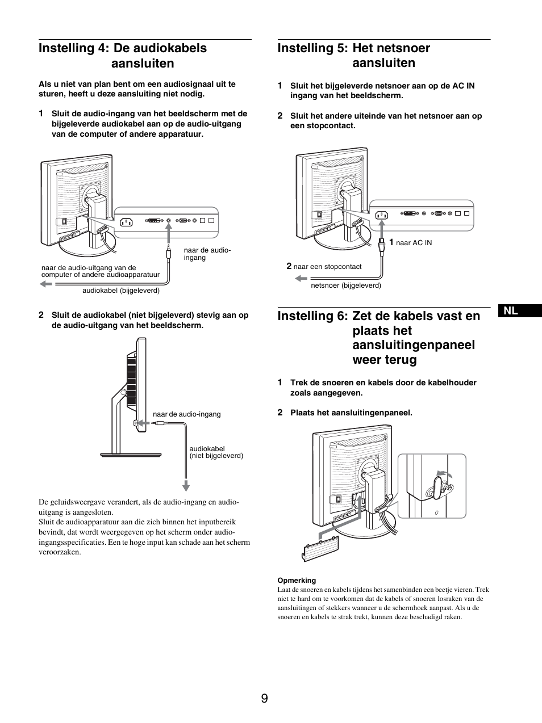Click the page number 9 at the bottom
click(x=264, y=698)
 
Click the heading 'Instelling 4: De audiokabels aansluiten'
click(x=123, y=56)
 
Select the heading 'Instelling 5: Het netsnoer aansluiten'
click(x=353, y=56)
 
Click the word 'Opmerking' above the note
click(x=297, y=581)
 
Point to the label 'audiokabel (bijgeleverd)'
click(x=121, y=291)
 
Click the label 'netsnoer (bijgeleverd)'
click(x=346, y=285)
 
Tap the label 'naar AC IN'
click(x=414, y=243)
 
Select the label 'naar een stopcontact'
click(x=327, y=266)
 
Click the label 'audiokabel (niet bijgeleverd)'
click(x=216, y=452)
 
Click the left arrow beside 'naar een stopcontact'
click(x=301, y=279)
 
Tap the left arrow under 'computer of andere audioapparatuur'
click(x=45, y=284)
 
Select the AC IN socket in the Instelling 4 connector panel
click(x=126, y=221)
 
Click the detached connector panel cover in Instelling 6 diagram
click(x=321, y=549)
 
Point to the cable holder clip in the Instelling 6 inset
click(x=438, y=487)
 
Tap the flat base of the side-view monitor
click(x=130, y=454)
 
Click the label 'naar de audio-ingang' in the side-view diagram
click(x=186, y=414)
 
